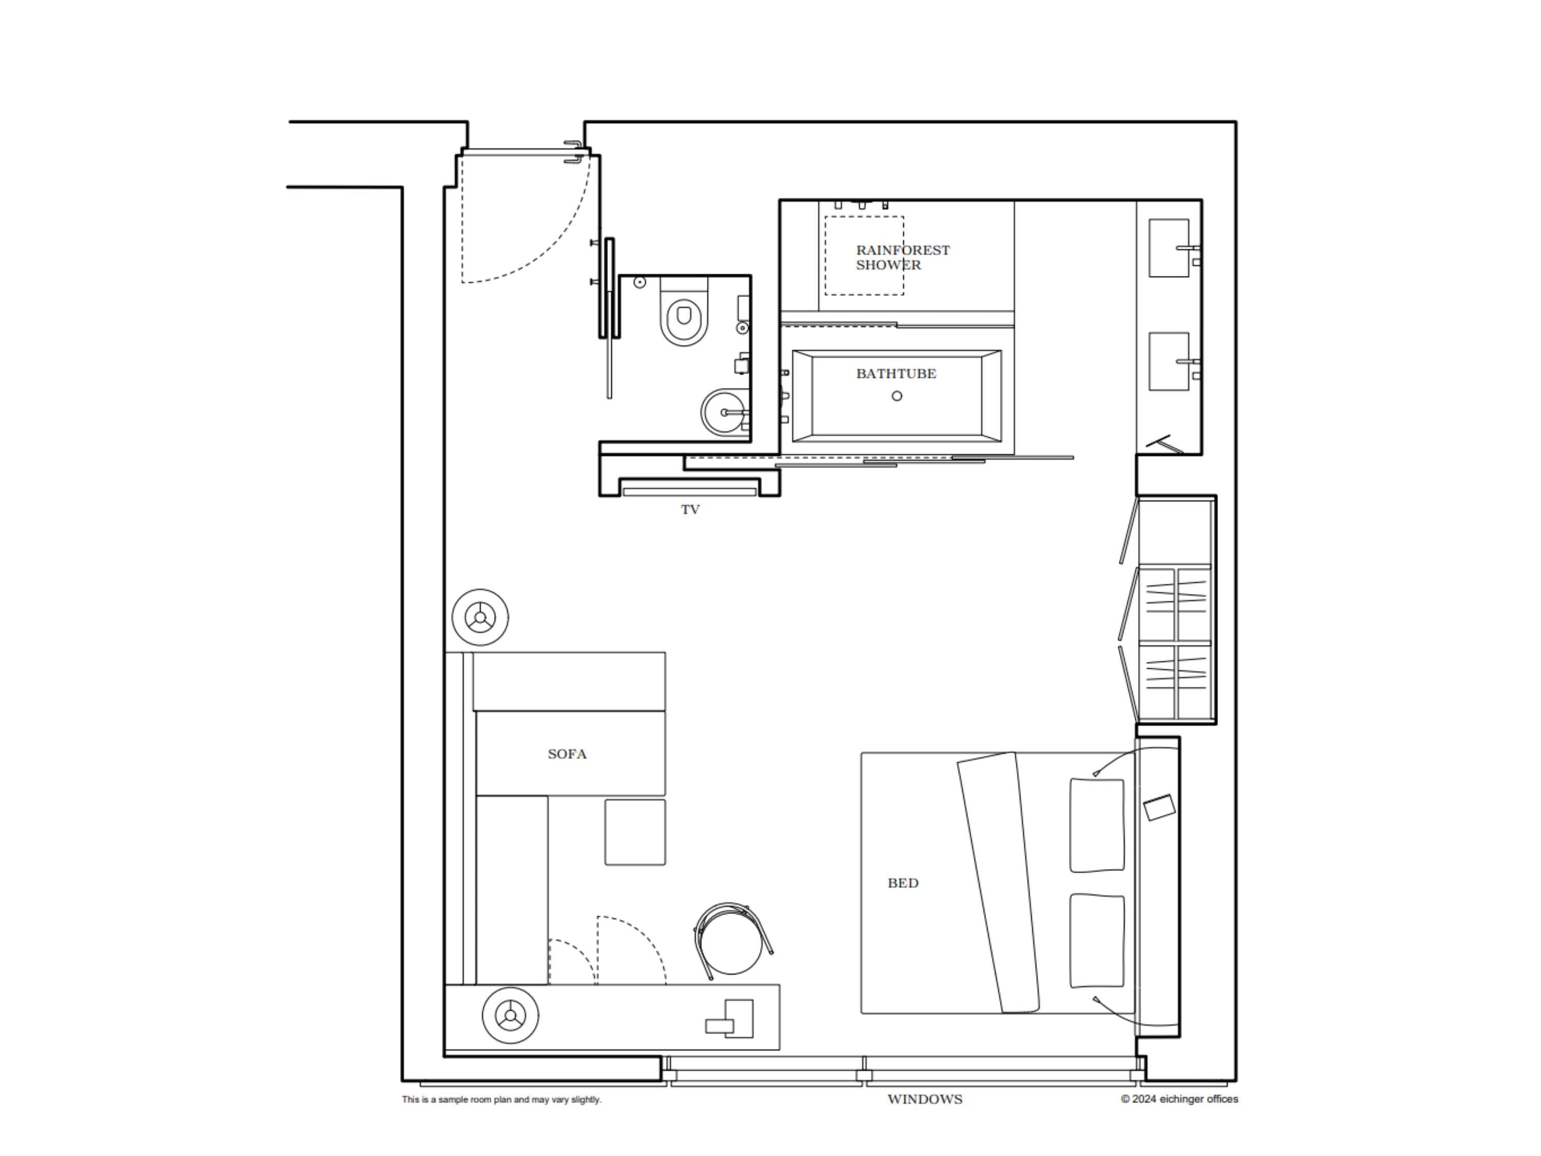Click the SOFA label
[567, 754]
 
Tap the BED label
[903, 883]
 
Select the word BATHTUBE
[896, 374]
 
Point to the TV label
[690, 509]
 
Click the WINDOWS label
[925, 1099]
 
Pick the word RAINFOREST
[902, 250]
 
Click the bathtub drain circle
[896, 396]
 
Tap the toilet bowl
[683, 319]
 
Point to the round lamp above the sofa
[480, 618]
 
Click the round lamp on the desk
[510, 1015]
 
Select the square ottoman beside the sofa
[635, 832]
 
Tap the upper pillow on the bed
[1097, 825]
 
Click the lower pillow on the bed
[1097, 941]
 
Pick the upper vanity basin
[1168, 248]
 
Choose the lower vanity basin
[1168, 361]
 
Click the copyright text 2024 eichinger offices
[1179, 1099]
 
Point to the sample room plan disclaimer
[501, 1099]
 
